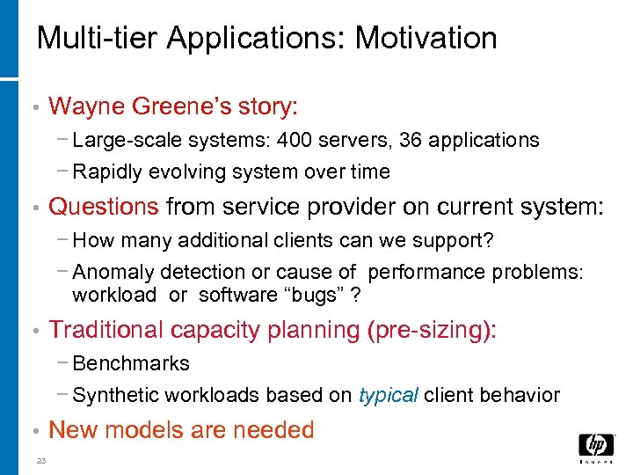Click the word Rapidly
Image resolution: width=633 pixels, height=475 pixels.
[108, 172]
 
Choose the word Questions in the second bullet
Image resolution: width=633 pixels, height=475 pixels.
[104, 207]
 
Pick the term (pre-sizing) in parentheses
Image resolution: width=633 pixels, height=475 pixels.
[429, 330]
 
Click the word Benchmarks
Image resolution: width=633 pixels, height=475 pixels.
[131, 363]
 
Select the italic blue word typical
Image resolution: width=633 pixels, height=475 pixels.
[388, 395]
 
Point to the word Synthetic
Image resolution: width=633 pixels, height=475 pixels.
[109, 395]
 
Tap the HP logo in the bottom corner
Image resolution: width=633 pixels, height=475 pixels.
[596, 448]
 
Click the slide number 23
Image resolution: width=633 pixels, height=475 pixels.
[41, 461]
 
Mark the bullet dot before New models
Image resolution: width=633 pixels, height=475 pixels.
[33, 431]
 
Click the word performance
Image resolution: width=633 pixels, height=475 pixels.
[425, 273]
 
